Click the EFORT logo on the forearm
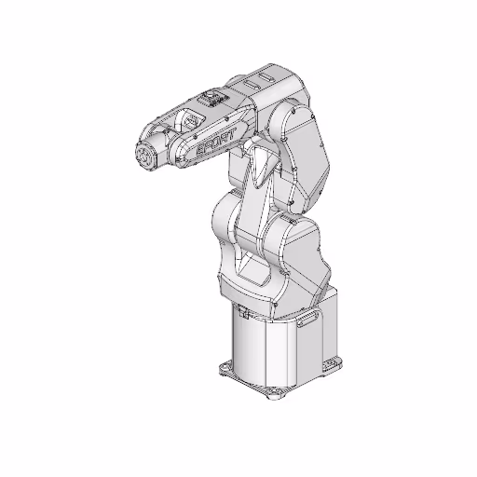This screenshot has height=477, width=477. [215, 144]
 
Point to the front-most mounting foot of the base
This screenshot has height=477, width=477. [271, 395]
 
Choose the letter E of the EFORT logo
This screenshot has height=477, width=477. [199, 151]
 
